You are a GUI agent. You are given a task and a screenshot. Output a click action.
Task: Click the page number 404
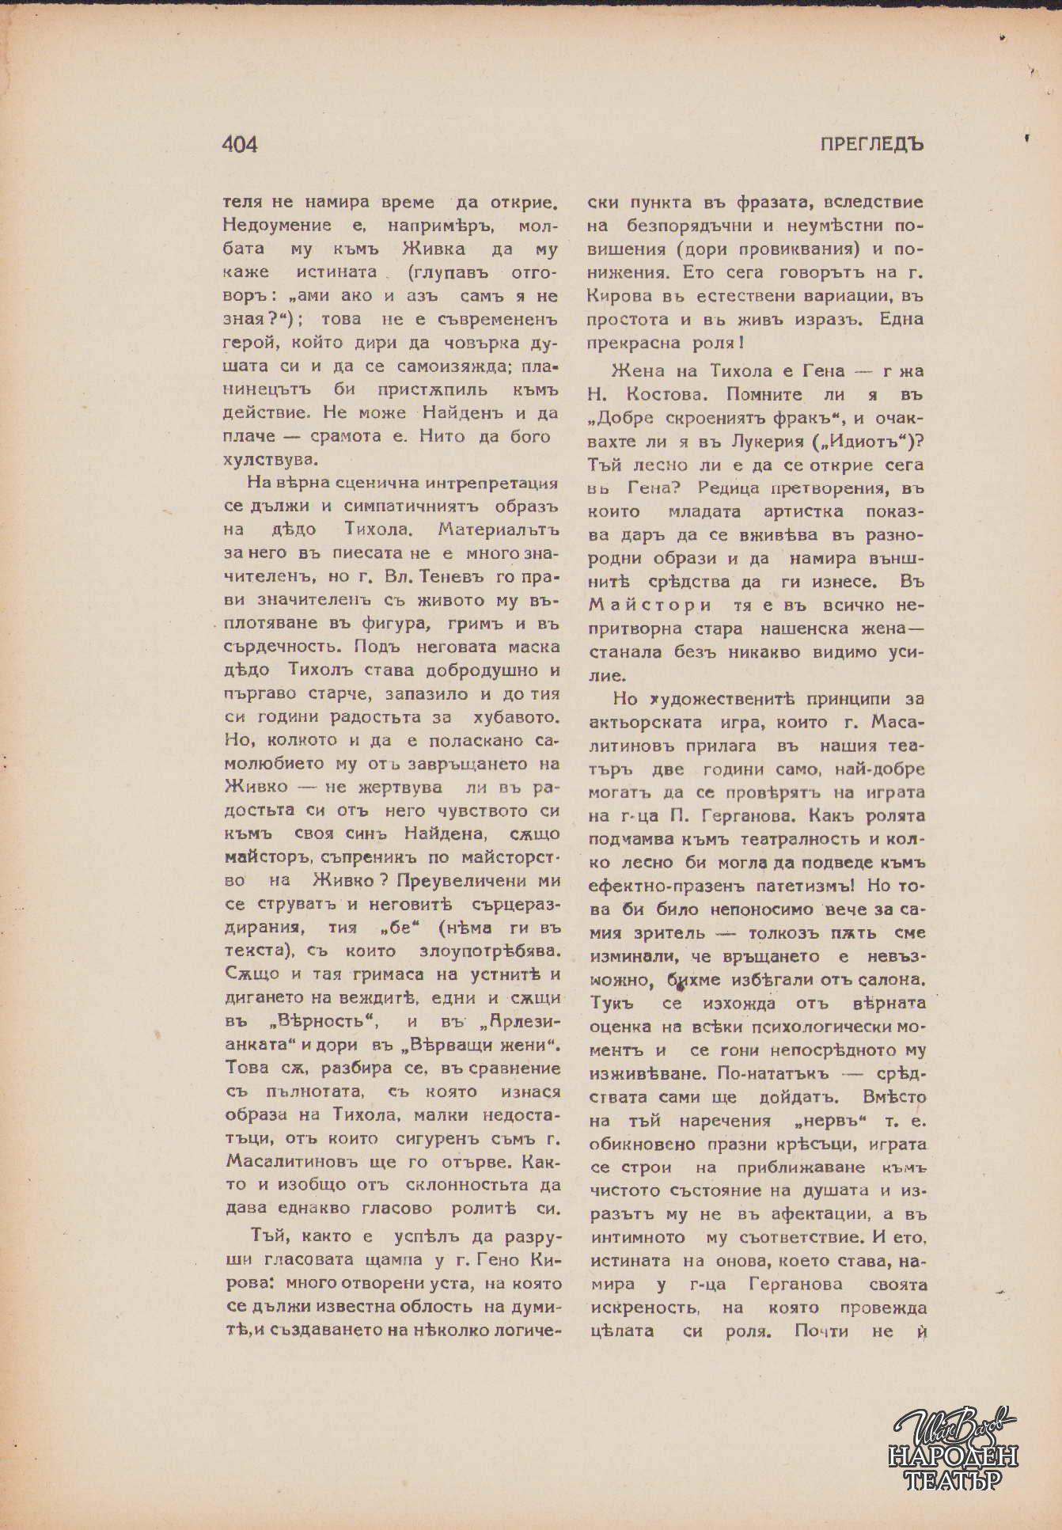tap(240, 144)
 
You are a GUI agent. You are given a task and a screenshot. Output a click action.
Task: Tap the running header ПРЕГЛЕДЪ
tap(872, 144)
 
